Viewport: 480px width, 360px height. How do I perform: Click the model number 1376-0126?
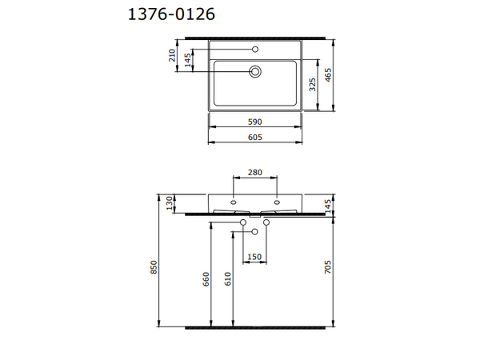click(x=171, y=14)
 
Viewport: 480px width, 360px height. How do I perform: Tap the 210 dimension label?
click(x=172, y=55)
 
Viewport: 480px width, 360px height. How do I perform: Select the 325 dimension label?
click(x=312, y=85)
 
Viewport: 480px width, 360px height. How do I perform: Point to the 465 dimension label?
click(x=328, y=75)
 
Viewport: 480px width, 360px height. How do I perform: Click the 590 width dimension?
click(x=254, y=122)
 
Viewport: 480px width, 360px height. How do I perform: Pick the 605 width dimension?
click(x=254, y=137)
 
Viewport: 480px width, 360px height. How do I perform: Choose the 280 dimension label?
click(x=255, y=172)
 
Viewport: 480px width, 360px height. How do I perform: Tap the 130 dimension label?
click(x=170, y=203)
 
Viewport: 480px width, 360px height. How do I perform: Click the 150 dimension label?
click(x=254, y=257)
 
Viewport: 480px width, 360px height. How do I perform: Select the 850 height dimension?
click(x=154, y=267)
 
